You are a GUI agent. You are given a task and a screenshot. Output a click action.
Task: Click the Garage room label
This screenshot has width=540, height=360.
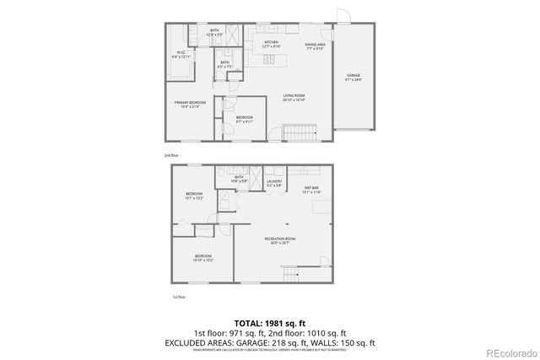coord(354,78)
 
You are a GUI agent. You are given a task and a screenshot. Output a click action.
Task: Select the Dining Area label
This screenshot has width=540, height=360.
coord(315,44)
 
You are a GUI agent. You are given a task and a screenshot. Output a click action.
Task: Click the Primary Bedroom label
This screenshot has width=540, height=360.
coord(190,104)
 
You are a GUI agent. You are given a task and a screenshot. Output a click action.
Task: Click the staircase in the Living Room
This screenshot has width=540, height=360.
coord(298,132)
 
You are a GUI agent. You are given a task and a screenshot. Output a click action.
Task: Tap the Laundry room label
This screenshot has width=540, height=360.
coord(274,182)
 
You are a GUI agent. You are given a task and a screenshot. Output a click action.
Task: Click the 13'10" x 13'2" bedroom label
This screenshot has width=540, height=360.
coord(203,258)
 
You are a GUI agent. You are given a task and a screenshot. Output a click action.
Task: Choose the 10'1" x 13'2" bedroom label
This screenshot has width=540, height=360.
coord(195,196)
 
